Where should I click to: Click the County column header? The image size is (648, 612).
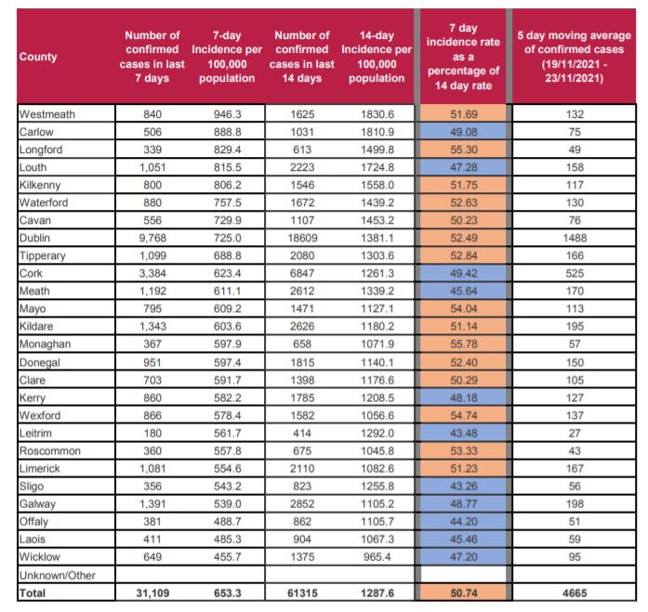point(38,57)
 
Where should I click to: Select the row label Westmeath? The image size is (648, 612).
point(48,114)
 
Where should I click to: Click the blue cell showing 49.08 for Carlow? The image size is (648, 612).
point(462,132)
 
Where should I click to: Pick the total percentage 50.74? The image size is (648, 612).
point(462,591)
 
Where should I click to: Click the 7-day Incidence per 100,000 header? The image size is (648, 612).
point(226,57)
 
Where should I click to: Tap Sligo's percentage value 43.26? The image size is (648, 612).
point(462,486)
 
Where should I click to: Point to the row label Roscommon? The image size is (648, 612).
point(51,450)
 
